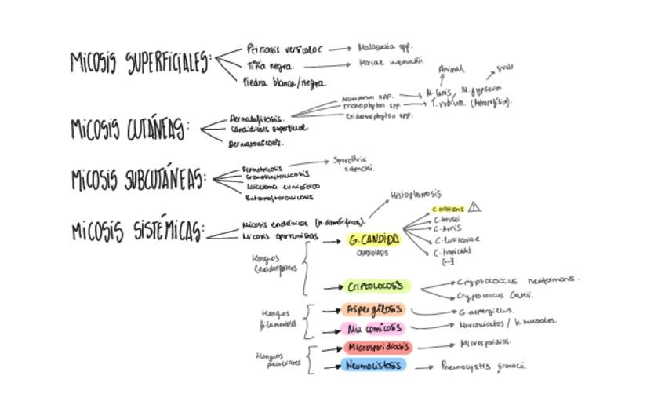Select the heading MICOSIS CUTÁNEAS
pyautogui.click(x=129, y=129)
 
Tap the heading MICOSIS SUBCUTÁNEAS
pyautogui.click(x=138, y=180)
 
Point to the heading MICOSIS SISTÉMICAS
pyautogui.click(x=137, y=232)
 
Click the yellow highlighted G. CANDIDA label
pyautogui.click(x=374, y=239)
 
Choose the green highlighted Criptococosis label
pyautogui.click(x=376, y=286)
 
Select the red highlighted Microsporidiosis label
pyautogui.click(x=377, y=347)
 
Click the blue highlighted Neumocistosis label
pyautogui.click(x=374, y=366)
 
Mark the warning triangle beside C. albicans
pyautogui.click(x=474, y=208)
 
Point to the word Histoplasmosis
pyautogui.click(x=416, y=194)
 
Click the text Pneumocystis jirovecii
pyautogui.click(x=483, y=366)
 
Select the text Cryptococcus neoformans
pyautogui.click(x=518, y=279)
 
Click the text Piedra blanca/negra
pyautogui.click(x=284, y=82)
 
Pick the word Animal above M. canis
pyautogui.click(x=451, y=69)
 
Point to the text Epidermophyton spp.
pyautogui.click(x=379, y=115)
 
